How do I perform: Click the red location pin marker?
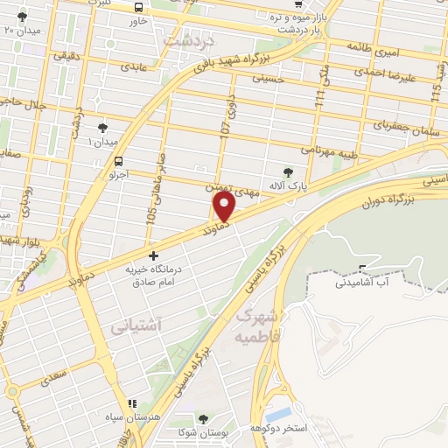(x=225, y=206)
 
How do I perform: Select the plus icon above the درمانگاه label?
(x=154, y=256)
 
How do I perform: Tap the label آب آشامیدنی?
(x=367, y=283)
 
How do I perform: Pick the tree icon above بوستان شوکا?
(x=203, y=420)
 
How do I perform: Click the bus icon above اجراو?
(x=117, y=160)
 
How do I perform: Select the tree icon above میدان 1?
(x=102, y=128)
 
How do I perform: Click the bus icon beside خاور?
(x=136, y=4)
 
